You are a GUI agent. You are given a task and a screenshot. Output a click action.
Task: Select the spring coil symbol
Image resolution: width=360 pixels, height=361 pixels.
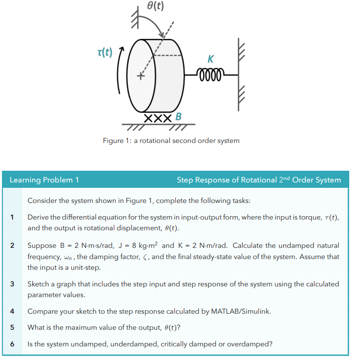pyautogui.click(x=210, y=75)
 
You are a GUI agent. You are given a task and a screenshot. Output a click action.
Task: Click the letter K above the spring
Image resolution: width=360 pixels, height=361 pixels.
pyautogui.click(x=210, y=60)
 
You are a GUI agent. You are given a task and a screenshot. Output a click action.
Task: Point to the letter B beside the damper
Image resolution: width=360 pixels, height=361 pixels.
pyautogui.click(x=178, y=117)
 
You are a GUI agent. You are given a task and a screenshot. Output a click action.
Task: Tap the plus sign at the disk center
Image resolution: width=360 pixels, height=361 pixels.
pyautogui.click(x=141, y=77)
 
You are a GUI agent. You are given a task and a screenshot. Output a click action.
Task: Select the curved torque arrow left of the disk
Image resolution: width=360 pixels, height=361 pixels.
pyautogui.click(x=119, y=73)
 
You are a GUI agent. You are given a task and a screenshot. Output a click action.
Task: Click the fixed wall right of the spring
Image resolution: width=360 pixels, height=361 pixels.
pyautogui.click(x=240, y=68)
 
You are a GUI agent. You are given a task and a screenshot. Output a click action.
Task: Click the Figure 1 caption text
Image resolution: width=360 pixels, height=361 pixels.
pyautogui.click(x=171, y=140)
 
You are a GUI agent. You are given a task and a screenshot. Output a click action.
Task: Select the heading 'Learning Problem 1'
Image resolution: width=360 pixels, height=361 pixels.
pyautogui.click(x=44, y=180)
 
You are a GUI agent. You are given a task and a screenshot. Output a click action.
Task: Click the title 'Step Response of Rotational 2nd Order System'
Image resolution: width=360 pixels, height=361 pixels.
pyautogui.click(x=258, y=180)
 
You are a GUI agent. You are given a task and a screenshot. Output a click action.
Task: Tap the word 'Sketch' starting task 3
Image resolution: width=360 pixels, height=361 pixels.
pyautogui.click(x=39, y=284)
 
